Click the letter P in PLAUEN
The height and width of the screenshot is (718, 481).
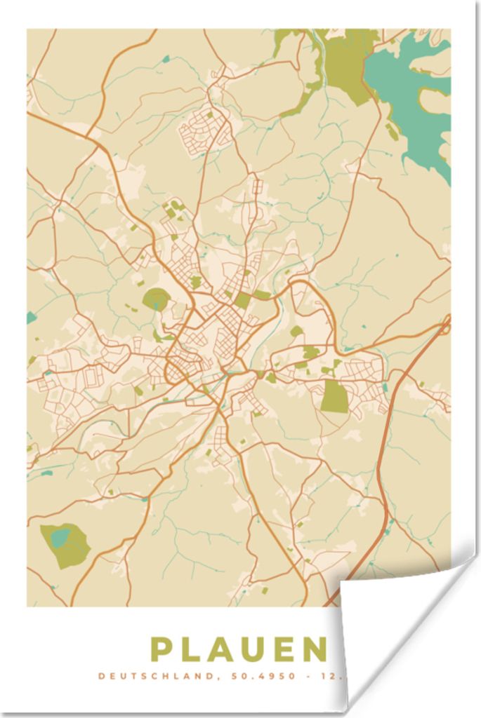pos(162,649)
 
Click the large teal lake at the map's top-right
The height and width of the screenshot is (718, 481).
pos(414,91)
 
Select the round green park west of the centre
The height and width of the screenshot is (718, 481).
pos(155,299)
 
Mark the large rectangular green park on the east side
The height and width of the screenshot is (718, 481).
pos(334,397)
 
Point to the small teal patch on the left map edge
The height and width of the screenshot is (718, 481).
pos(31,317)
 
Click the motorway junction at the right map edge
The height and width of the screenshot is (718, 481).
pos(445,324)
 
